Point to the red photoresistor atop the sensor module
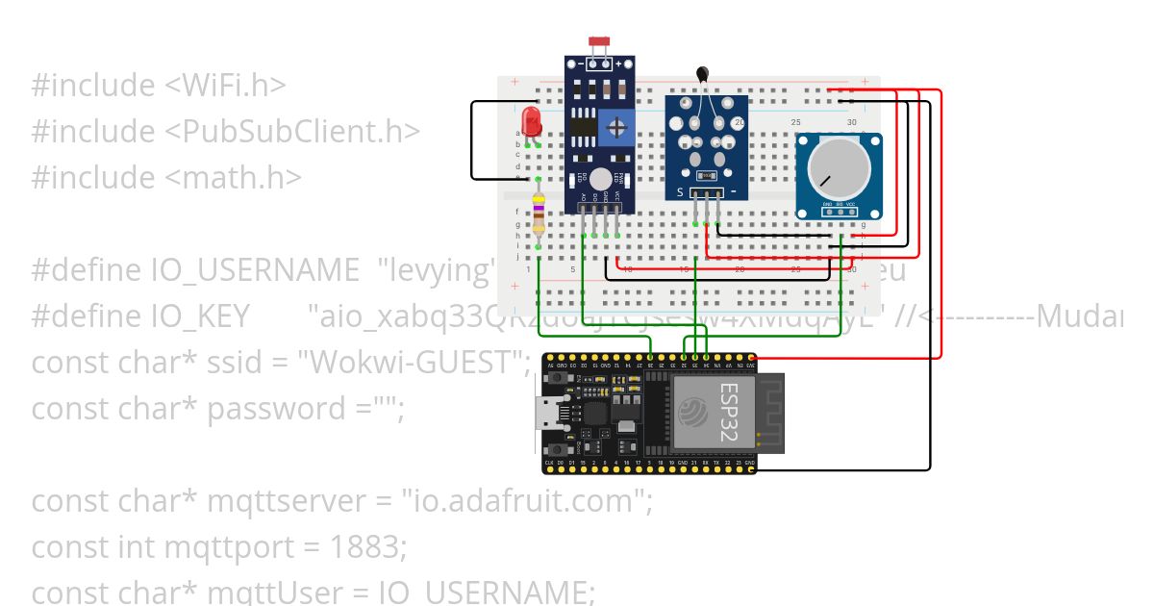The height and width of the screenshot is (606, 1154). coord(600,42)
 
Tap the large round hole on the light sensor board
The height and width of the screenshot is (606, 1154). coord(601,179)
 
